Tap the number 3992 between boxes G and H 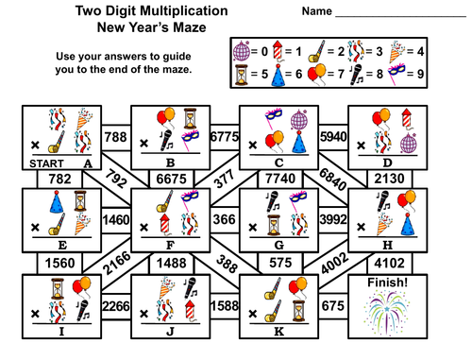click(x=333, y=219)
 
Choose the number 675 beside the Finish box click(x=333, y=305)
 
